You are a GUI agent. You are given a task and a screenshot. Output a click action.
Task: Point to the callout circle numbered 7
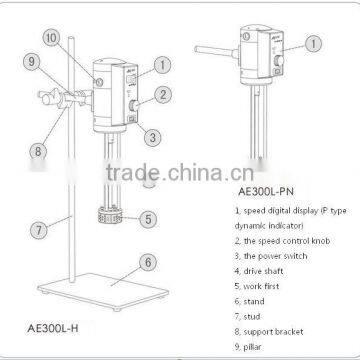click(36, 229)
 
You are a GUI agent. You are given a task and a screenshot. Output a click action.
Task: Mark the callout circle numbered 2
click(159, 97)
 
